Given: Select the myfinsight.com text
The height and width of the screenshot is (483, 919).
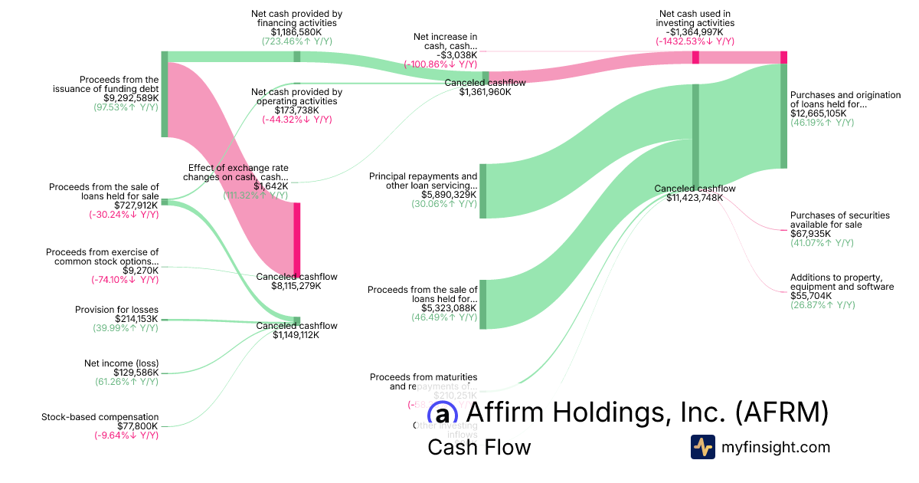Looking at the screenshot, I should point(776,447).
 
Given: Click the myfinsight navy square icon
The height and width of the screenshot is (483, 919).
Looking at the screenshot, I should point(702,447).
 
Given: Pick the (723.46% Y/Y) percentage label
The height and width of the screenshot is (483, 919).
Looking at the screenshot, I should point(296,41).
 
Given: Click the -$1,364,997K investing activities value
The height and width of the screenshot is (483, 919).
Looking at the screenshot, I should point(695,32).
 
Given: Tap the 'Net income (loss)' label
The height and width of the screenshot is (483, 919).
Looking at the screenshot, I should point(121,363).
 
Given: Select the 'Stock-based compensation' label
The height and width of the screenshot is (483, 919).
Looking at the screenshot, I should point(100,417).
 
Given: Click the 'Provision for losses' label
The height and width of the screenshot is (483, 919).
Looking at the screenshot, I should point(116,310).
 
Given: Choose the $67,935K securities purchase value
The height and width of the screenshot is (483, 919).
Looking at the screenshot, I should point(810,234).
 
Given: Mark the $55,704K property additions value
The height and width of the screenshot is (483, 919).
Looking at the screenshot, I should point(809,296).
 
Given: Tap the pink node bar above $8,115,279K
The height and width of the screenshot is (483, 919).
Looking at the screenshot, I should point(297,238).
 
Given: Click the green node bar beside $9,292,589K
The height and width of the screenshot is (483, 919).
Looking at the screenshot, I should point(164,94).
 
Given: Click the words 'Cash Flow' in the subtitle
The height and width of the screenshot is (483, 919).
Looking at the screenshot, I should point(479,448).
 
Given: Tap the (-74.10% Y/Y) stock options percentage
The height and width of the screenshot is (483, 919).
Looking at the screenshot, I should point(126,279).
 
